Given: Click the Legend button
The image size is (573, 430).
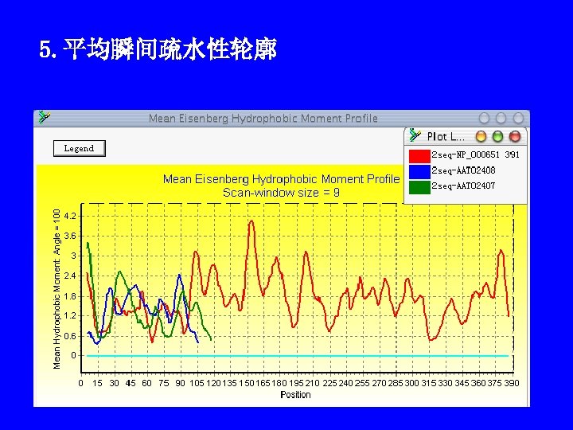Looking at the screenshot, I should pos(79,148).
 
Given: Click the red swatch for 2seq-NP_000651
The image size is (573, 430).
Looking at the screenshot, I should pos(419,154).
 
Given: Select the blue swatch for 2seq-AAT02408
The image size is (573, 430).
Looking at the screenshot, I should pos(419,170).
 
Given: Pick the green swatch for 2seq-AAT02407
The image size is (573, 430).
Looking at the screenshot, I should pos(419,186).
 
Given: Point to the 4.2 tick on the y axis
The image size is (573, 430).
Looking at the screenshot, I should pos(70,216).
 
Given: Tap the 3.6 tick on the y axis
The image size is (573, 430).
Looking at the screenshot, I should pos(70,236).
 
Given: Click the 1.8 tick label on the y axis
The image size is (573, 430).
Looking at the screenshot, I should pos(70,296).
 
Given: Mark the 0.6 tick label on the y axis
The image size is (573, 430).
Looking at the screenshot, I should pos(70,336).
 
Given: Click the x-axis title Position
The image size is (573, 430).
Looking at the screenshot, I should pos(295,395).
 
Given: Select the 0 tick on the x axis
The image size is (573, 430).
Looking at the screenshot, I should pos(80,383).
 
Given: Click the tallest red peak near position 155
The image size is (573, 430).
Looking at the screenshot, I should pos(251,221).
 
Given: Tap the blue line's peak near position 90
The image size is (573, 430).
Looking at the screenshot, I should pos(180,276).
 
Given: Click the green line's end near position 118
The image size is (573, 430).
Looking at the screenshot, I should pos(211,340).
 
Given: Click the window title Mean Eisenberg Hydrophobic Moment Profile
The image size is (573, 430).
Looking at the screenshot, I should pos(263,119).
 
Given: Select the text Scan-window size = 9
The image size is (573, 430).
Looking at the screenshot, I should pos(281,192).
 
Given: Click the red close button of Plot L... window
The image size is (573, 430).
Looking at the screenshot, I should pos(515,137).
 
